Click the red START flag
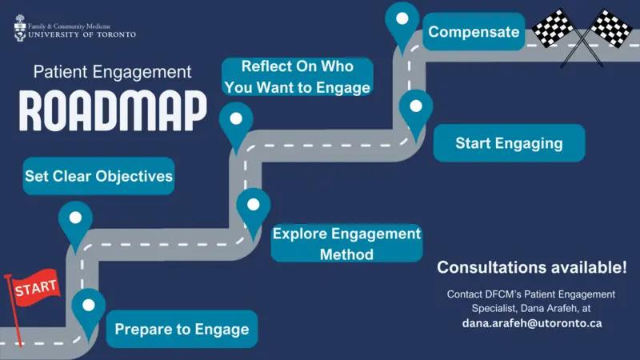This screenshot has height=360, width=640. point(36,286)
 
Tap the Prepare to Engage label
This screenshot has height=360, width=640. point(182,329)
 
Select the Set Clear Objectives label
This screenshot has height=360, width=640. point(98,176)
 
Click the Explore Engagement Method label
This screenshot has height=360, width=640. point(346,243)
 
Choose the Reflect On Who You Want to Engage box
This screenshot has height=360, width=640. point(298,77)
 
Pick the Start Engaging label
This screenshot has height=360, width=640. point(509,143)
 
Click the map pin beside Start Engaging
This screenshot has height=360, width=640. point(415,110)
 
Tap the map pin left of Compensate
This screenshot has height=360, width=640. point(402,22)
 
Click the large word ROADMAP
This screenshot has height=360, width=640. point(112,110)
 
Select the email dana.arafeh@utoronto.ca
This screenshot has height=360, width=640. point(532,323)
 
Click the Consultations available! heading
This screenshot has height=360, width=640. point(532,266)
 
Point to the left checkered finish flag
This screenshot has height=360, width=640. point(553,29)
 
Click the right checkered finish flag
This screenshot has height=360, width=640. point(610,28)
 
